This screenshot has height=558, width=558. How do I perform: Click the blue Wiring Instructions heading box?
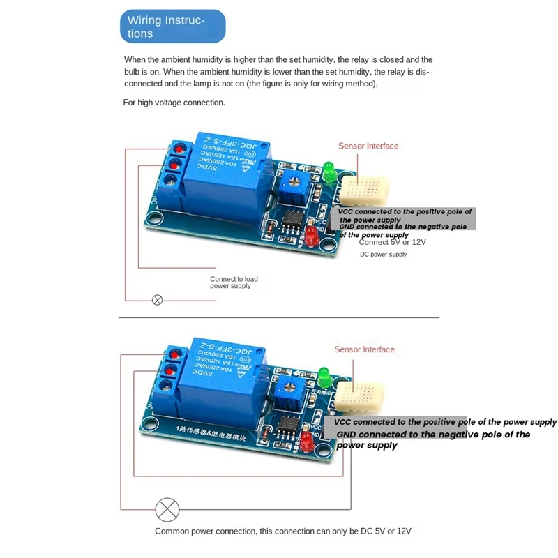coord(173,27)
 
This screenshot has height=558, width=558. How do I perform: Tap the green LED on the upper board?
coord(329,169)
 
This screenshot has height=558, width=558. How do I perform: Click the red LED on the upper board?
coord(311,236)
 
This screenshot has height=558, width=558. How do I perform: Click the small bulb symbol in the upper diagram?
coord(158,301)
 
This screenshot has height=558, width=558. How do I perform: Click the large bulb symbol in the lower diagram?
coord(167,509)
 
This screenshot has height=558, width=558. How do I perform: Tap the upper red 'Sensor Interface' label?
coord(368,146)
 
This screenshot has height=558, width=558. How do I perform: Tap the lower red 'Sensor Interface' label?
coord(364,349)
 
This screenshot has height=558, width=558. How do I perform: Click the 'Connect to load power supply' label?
coord(234,282)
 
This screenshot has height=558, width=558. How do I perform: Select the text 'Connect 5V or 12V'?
coord(392,242)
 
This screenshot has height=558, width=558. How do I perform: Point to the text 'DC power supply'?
coord(383,255)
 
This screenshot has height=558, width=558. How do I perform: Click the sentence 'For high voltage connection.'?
coord(174,103)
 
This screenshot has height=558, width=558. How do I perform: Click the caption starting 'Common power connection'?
coord(283,531)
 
